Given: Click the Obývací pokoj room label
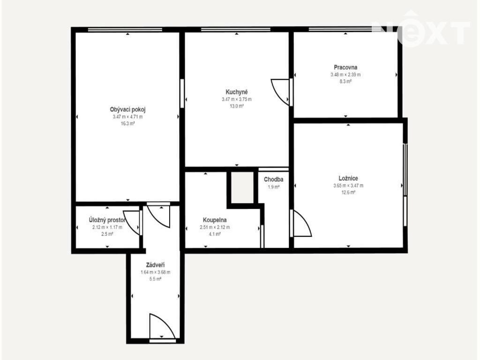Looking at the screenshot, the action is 127,110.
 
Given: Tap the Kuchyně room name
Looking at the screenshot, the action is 237,92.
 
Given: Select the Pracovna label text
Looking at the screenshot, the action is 345,67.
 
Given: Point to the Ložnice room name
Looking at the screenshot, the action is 348,178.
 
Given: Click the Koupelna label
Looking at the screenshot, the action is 215,220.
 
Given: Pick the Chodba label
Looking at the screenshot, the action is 273,180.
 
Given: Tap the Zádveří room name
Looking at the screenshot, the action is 155,265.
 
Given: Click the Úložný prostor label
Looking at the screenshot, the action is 107,220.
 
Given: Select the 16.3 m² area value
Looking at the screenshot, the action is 127,124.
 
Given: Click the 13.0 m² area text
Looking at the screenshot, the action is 237,106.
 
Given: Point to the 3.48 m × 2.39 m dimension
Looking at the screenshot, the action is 345,75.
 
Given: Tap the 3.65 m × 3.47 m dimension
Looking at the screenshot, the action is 348,186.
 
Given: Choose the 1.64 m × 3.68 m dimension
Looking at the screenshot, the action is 155,272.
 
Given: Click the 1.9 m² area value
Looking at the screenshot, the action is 273,187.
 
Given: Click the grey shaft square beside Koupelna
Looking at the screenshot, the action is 242,187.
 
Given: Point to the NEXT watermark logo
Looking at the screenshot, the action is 420,29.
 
